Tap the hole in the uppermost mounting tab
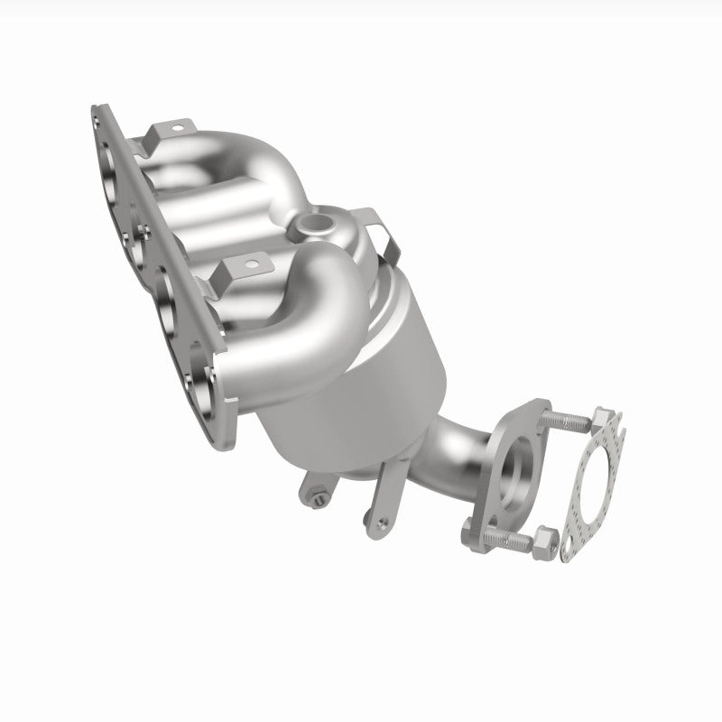[175, 129]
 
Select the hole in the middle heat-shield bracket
[254, 265]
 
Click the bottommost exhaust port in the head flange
[200, 403]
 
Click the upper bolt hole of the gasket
[604, 421]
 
